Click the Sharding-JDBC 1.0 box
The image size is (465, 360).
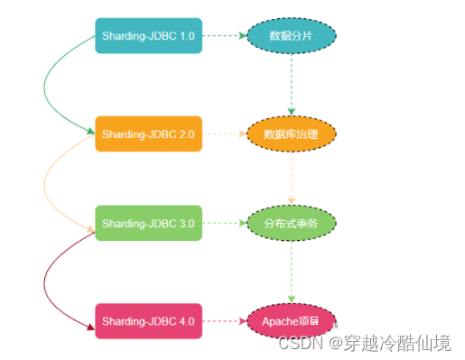click(x=148, y=36)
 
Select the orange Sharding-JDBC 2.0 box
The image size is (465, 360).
click(x=148, y=134)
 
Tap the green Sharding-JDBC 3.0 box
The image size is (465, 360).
click(x=148, y=223)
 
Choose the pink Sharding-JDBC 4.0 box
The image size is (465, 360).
click(x=148, y=320)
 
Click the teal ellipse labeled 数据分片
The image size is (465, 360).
click(x=291, y=36)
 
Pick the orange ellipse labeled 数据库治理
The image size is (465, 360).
click(x=291, y=134)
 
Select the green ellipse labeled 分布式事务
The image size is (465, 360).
click(x=291, y=223)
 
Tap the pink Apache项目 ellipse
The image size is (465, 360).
click(x=291, y=320)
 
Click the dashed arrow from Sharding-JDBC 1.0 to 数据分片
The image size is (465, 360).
click(x=224, y=36)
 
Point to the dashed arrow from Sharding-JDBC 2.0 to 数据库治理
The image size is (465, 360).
click(x=224, y=134)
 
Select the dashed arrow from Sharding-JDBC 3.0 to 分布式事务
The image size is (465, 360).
click(x=224, y=223)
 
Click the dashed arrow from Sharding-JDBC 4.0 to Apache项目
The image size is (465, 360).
click(x=224, y=320)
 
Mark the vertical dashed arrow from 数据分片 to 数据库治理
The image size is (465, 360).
click(x=291, y=86)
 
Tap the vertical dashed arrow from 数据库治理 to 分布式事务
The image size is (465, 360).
click(x=291, y=179)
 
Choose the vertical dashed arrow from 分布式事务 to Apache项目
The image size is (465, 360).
click(x=291, y=272)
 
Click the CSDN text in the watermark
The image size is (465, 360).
click(x=296, y=344)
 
